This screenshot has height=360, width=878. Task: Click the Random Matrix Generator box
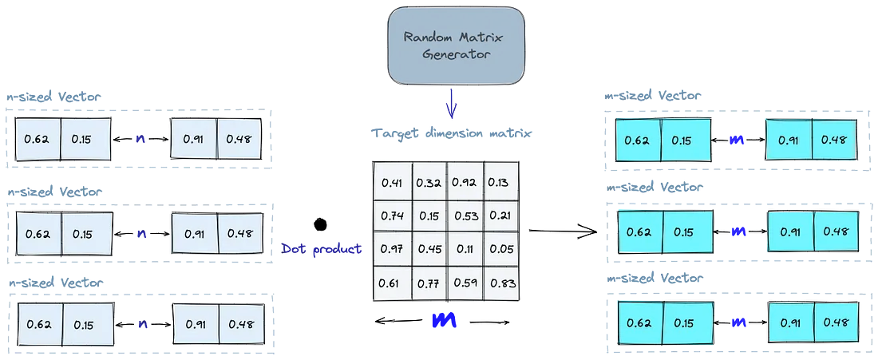click(x=456, y=42)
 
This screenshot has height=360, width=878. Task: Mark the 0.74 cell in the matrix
click(x=392, y=216)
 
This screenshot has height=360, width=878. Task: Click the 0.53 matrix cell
click(x=465, y=216)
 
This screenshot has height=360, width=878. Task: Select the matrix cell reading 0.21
click(x=499, y=216)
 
